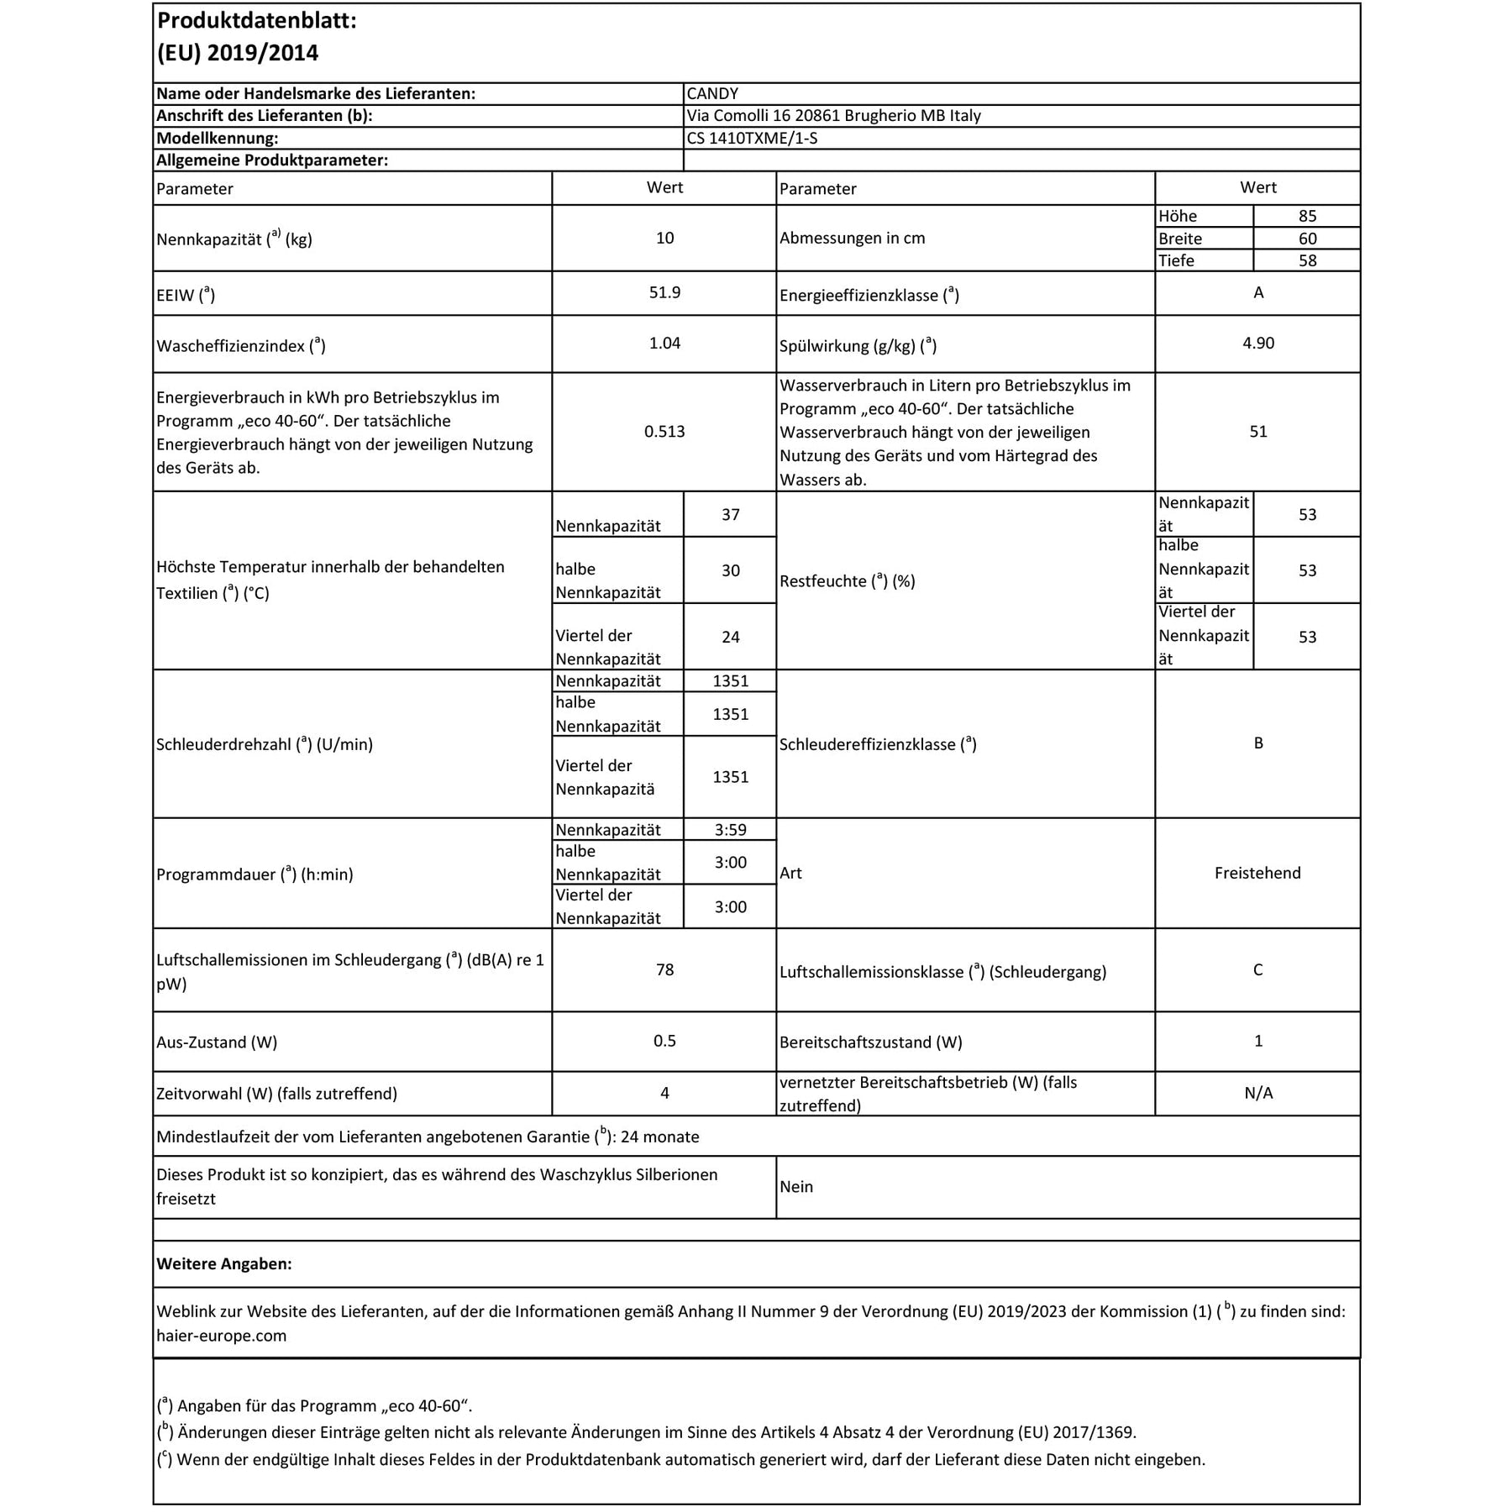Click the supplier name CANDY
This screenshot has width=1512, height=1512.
[712, 94]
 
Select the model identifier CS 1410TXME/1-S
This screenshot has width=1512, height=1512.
[752, 139]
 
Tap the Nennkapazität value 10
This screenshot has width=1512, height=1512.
[664, 239]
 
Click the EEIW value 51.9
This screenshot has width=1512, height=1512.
[664, 293]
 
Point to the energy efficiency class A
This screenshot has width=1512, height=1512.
[1257, 293]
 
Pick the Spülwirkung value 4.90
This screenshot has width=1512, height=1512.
[1257, 344]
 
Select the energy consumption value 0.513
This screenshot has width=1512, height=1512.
[664, 432]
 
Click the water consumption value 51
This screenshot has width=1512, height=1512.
[1257, 432]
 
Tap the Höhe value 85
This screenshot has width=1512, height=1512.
[1307, 216]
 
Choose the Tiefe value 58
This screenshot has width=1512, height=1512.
[1307, 261]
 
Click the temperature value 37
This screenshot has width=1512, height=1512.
[730, 515]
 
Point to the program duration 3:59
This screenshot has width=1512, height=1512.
[730, 830]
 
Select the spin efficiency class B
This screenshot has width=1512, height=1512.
[1257, 743]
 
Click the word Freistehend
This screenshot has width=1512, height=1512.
[1257, 874]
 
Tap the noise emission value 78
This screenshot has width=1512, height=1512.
[664, 970]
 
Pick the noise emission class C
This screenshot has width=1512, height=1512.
[1257, 970]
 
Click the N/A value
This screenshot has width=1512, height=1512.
[1257, 1094]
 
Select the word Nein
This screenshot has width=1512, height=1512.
[795, 1187]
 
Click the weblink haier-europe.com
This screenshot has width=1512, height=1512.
[221, 1336]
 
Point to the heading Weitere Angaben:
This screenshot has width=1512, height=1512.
[223, 1264]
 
